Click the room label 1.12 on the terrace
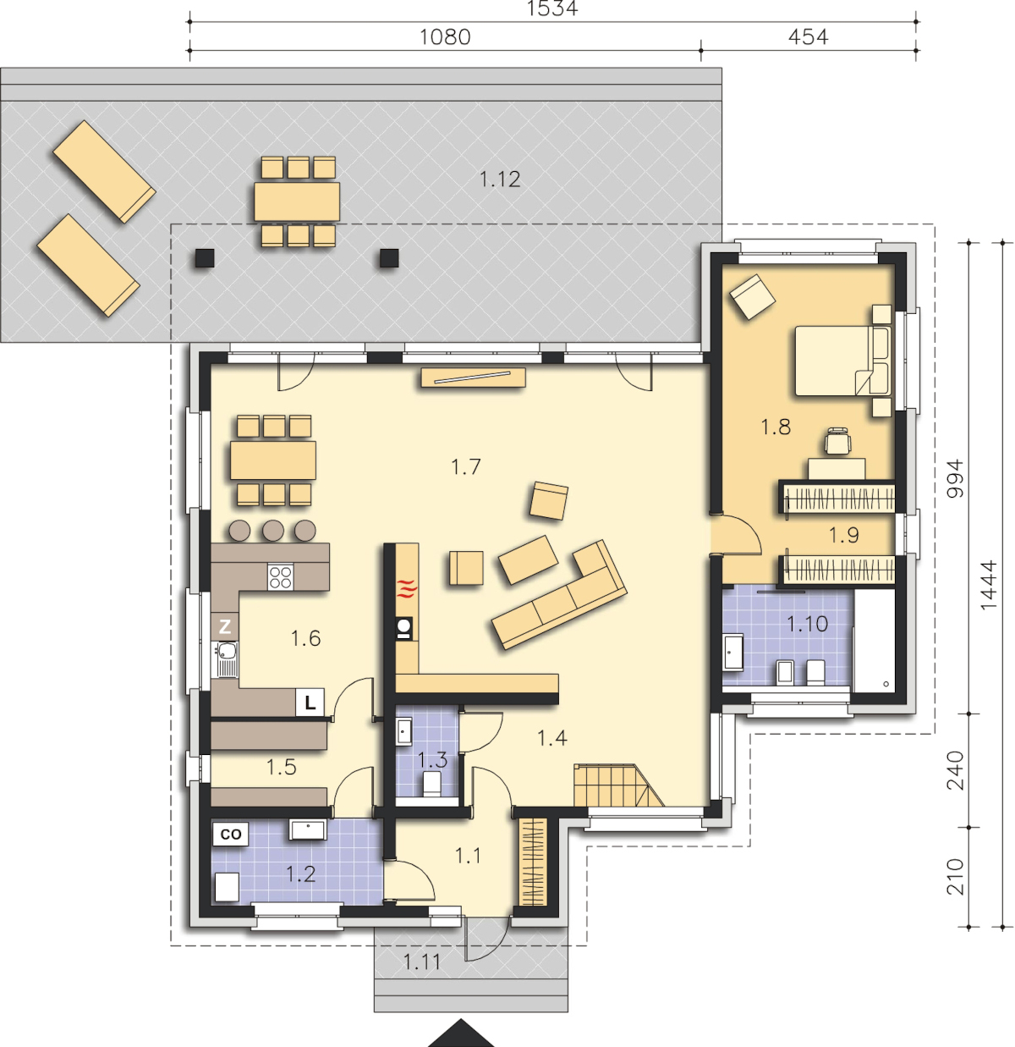pos(499,179)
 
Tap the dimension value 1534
pos(552,8)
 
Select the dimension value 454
pos(808,37)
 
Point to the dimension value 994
pos(955,478)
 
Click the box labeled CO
pos(231,834)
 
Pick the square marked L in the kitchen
pos(310,703)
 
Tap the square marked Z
pos(225,626)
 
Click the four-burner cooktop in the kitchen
pos(281,576)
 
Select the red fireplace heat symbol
pos(407,588)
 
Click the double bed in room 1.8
pos(842,361)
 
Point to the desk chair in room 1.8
pos(837,441)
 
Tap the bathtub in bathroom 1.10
pos(875,640)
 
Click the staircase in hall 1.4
pos(618,785)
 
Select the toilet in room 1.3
pos(431,784)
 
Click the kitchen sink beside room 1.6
pos(226,659)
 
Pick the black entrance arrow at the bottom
pos(461,1033)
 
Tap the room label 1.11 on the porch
pos(421,962)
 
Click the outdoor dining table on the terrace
pos(297,201)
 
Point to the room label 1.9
pos(843,535)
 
